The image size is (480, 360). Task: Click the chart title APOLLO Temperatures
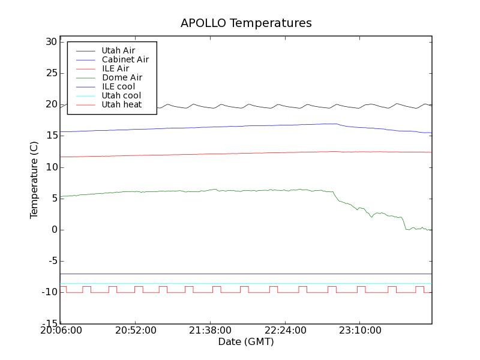[246, 23]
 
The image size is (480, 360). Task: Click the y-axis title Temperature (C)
[35, 180]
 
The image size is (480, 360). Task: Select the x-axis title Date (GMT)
[246, 342]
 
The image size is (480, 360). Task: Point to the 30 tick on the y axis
[50, 42]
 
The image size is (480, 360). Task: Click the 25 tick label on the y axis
[50, 73]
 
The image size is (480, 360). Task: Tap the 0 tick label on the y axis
[53, 230]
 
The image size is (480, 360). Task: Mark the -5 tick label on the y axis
[50, 261]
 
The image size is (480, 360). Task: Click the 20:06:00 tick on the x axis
[61, 331]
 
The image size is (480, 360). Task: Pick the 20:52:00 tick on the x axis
[136, 331]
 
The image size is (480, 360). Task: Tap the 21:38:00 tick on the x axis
[210, 331]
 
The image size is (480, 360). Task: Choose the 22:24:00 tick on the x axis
[285, 331]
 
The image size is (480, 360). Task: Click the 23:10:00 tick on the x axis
[359, 331]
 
